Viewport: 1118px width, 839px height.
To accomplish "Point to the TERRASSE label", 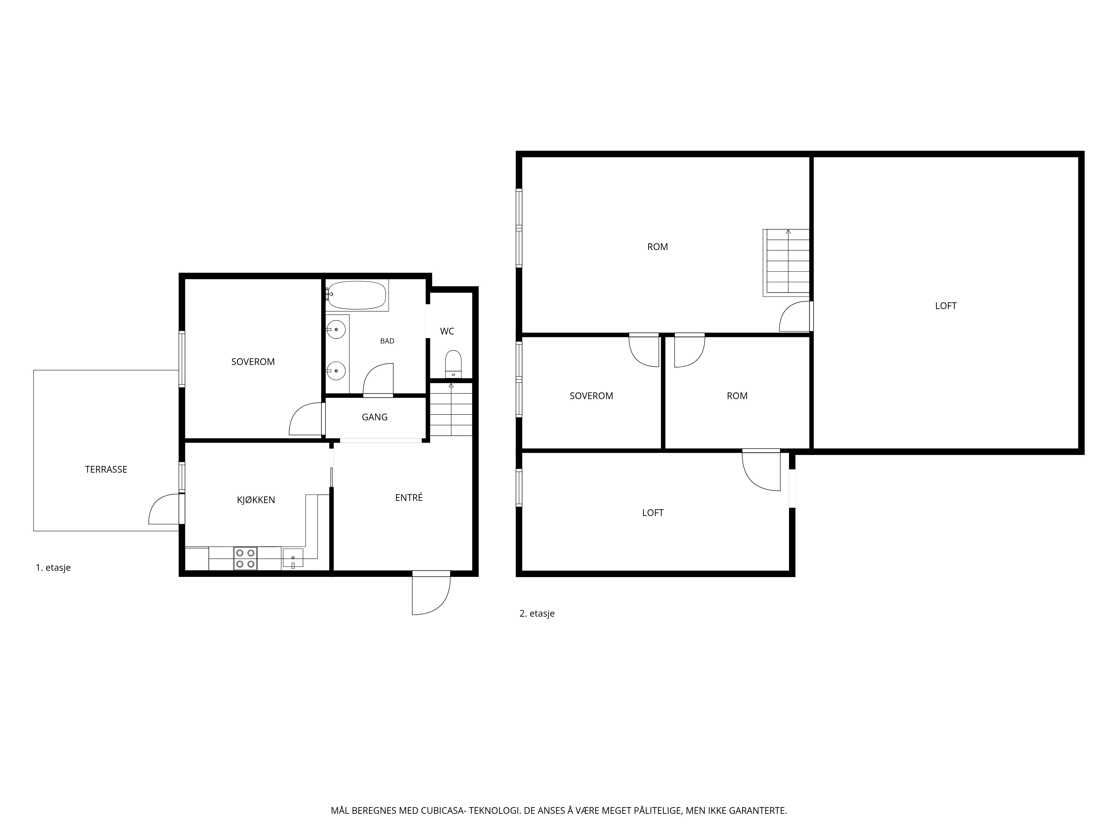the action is (106, 469).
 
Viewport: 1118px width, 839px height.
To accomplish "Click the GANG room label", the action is (375, 417).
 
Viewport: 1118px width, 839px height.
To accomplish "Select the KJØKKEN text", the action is (256, 500).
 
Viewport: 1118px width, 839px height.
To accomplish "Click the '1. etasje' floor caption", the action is (53, 567).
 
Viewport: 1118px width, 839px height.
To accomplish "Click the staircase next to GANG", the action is (451, 409).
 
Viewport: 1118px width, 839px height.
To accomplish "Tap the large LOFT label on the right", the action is (946, 305).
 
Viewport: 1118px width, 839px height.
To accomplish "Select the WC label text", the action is (447, 331).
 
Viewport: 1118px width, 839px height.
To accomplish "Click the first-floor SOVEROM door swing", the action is (305, 419).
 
